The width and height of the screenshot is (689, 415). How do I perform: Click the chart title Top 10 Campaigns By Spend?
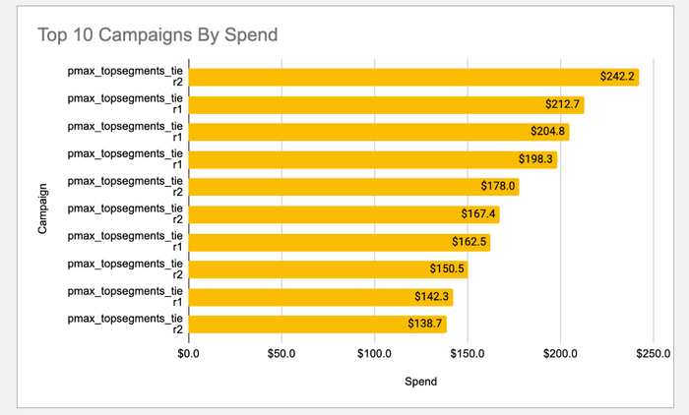(x=157, y=35)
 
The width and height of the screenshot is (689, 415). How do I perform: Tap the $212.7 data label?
(x=564, y=104)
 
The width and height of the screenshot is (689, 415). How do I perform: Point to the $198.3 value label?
(x=537, y=158)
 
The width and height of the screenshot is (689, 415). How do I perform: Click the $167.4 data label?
(x=480, y=214)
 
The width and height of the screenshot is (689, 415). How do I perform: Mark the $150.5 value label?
(x=448, y=268)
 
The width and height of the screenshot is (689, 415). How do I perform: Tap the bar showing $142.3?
(x=305, y=296)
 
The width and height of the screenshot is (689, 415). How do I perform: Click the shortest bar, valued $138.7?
(x=295, y=324)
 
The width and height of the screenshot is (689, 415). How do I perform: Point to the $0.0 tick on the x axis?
(x=188, y=353)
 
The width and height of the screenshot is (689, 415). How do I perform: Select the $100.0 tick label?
(x=374, y=353)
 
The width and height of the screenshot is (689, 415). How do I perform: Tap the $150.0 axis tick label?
(x=468, y=353)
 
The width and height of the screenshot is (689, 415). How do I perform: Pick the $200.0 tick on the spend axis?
(x=560, y=353)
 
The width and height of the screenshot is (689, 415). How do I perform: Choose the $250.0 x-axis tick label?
(x=654, y=353)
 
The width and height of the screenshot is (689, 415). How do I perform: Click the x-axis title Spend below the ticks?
(x=420, y=382)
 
